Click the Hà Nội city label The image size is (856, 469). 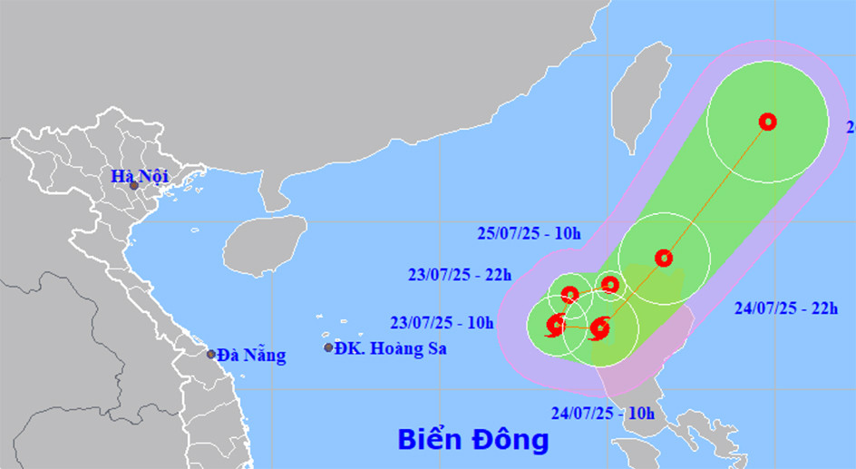pos(140,176)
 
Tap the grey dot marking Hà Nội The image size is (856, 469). pos(133,186)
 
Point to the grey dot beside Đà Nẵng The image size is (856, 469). pos(211,355)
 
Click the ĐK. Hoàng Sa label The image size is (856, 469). pos(390,347)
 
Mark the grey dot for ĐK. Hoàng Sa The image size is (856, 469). pos(328,347)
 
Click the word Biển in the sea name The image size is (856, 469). pos(431,440)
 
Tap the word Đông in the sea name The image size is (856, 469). pos(510,440)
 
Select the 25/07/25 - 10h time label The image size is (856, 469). pos(529,233)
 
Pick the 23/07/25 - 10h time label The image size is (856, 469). pos(442,322)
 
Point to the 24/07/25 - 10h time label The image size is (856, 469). pos(602,413)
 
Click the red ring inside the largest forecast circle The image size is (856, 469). pos(768,122)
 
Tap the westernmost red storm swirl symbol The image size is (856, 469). pos(555,324)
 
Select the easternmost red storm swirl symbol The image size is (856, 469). pos(598,328)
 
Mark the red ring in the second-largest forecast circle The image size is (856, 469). pos(664,258)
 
